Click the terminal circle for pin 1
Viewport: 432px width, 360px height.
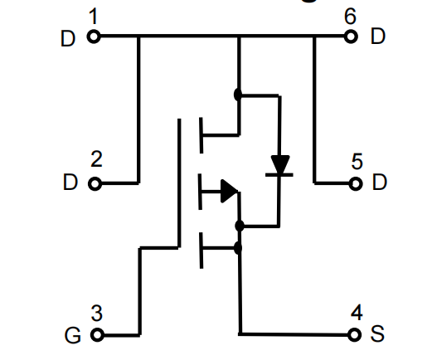94,36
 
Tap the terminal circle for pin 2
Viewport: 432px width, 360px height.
95,184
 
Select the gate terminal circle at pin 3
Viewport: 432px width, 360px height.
97,335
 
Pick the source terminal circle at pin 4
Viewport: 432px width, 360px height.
354,335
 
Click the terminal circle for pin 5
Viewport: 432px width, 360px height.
356,184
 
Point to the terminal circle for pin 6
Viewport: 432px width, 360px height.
351,36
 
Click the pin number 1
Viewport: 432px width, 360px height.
94,17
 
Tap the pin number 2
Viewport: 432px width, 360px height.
96,159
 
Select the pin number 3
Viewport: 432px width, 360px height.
97,313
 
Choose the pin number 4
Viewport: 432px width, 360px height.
357,313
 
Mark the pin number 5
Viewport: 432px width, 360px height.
357,161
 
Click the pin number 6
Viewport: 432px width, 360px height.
350,17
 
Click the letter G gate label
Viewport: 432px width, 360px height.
73,335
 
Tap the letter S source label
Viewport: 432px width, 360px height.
377,333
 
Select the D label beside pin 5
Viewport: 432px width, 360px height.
380,182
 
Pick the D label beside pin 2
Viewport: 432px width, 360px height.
70,182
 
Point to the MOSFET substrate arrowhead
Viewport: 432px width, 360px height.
229,191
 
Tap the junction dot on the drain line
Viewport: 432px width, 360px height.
238,95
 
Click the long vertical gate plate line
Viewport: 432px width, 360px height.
179,183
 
